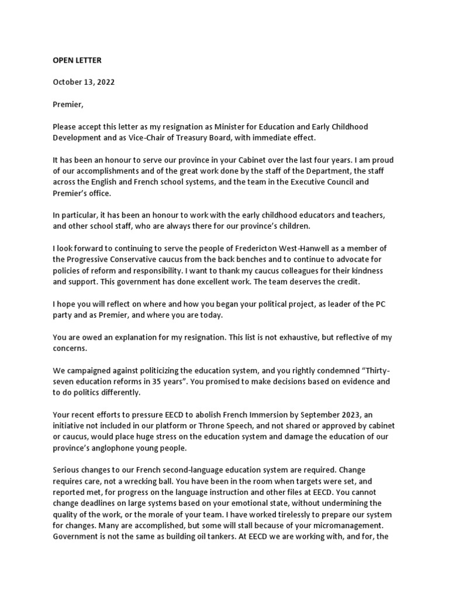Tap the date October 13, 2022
point(84,82)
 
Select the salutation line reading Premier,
point(68,104)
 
